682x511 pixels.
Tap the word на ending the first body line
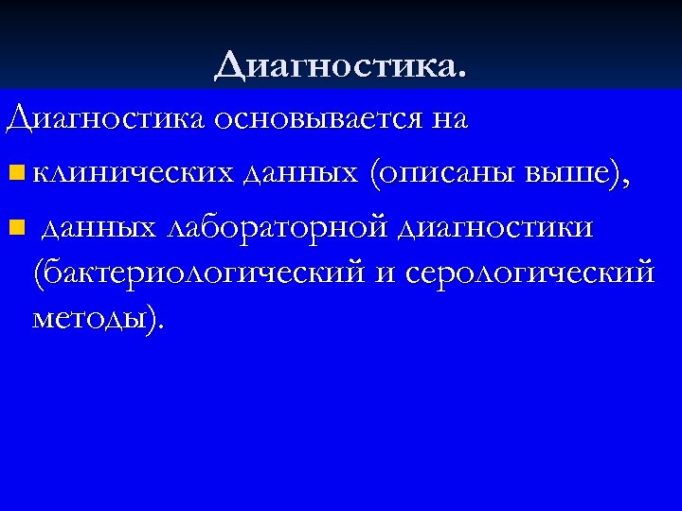point(448,120)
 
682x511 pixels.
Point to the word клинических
point(132,173)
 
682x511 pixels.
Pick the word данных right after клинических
point(303,173)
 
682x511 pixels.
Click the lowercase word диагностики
point(497,227)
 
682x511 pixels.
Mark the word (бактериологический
point(199,273)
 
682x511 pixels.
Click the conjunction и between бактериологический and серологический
point(385,273)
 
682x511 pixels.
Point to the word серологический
point(529,273)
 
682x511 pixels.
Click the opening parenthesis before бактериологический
point(38,273)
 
